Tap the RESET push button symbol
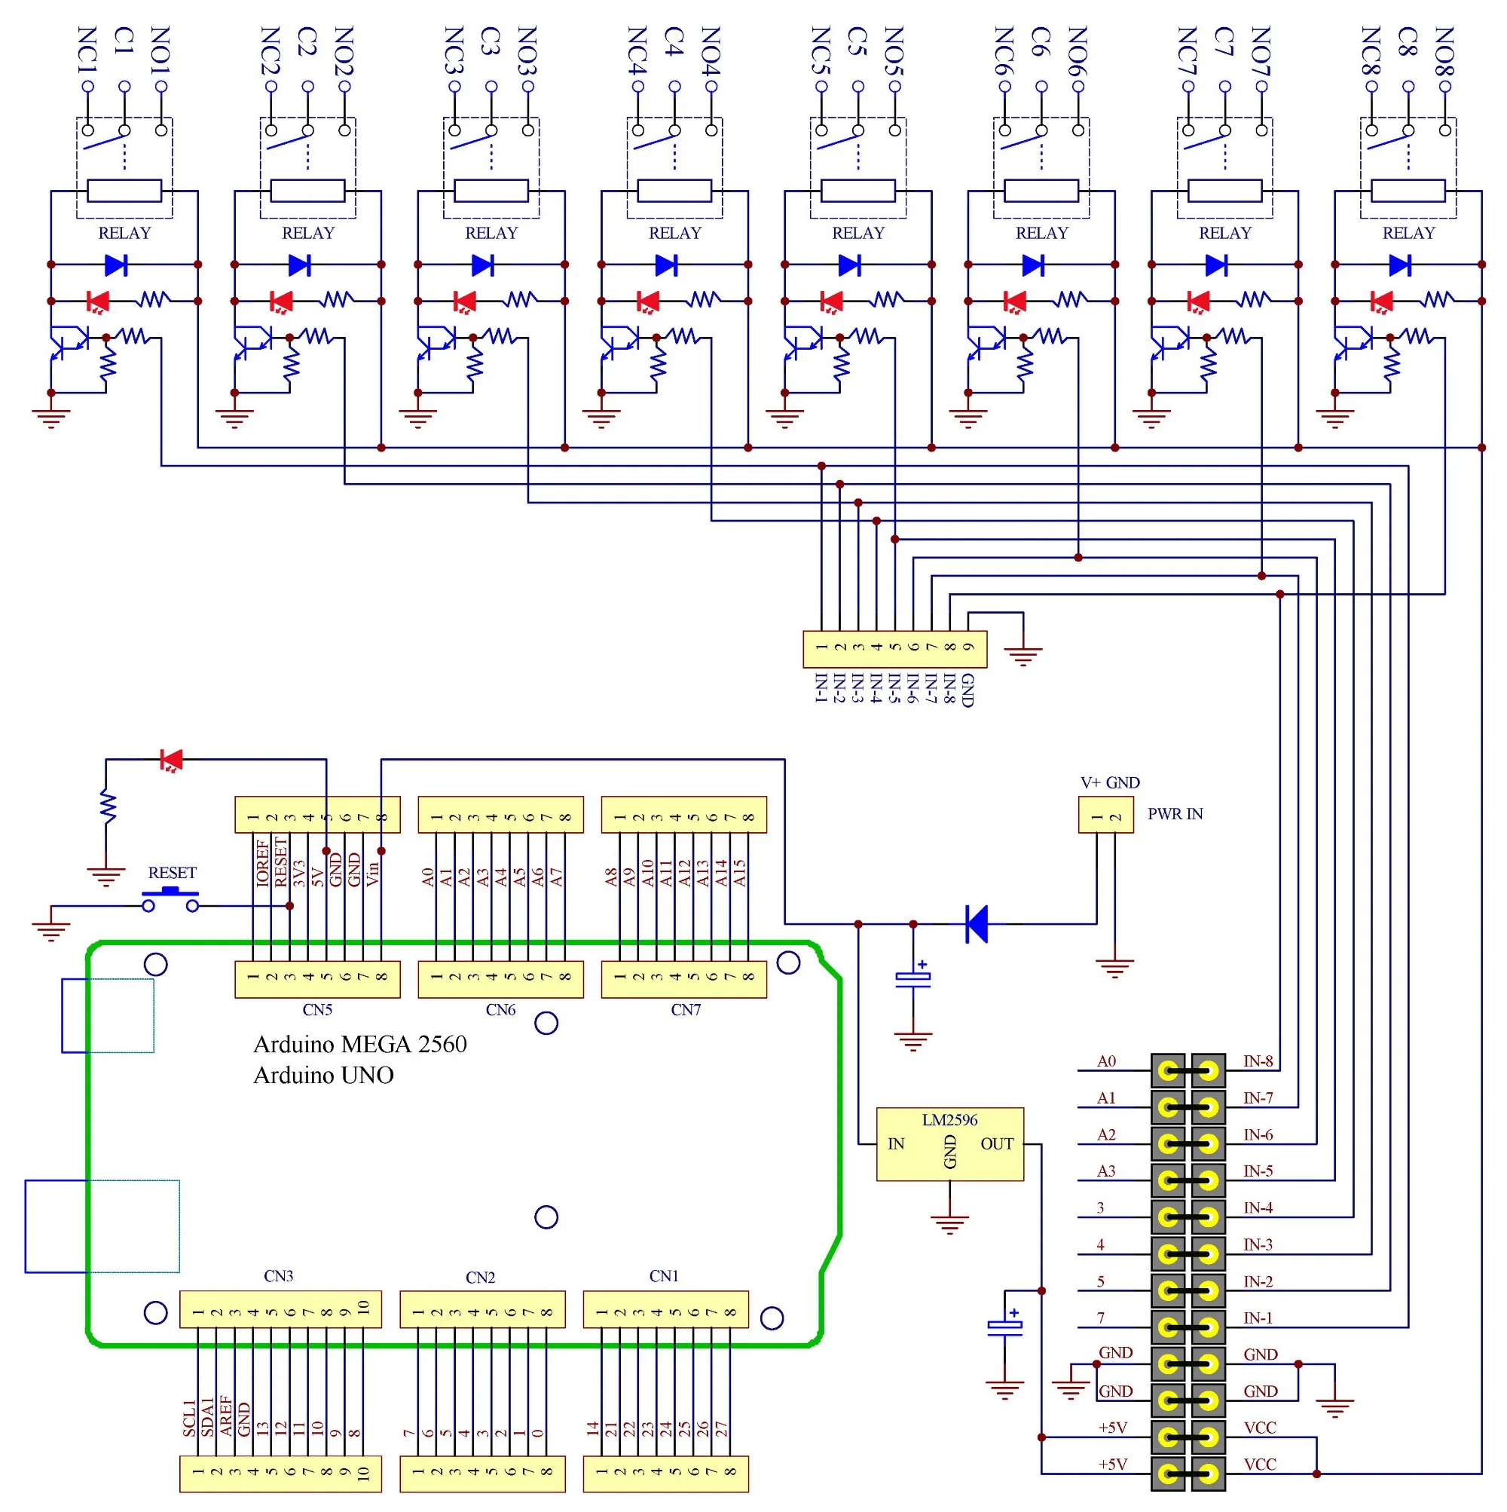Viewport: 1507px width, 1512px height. pos(170,898)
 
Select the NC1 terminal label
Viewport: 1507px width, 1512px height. pos(87,50)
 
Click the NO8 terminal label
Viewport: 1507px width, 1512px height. pos(1444,50)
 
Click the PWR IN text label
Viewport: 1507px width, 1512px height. pos(1174,814)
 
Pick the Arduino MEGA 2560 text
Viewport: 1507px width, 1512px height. pos(360,1044)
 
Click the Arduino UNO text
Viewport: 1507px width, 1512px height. pos(323,1076)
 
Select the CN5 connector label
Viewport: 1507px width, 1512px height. pos(317,1009)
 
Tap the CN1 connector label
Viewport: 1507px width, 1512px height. pos(664,1275)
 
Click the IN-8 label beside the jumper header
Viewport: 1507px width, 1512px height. pos(1258,1061)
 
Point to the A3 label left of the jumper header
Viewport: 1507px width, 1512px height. pos(1105,1171)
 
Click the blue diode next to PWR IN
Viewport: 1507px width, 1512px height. pos(977,923)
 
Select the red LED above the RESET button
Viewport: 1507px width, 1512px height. pos(170,759)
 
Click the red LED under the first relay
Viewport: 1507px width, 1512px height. pos(98,301)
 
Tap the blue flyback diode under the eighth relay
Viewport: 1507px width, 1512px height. pos(1400,265)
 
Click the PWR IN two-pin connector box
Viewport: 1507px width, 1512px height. pos(1105,815)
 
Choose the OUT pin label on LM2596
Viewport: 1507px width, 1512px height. pos(996,1143)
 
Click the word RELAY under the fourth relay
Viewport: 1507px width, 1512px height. pos(674,232)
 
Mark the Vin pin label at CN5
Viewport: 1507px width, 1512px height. pos(372,873)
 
